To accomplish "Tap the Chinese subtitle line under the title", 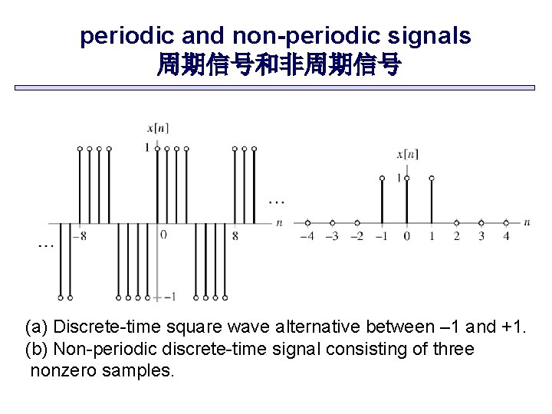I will pyautogui.click(x=278, y=65).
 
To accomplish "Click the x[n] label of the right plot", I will pyautogui.click(x=407, y=154).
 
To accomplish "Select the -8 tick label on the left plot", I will pyautogui.click(x=78, y=236).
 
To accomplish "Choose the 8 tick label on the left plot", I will pyautogui.click(x=235, y=236).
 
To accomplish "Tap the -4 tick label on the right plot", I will pyautogui.click(x=307, y=236).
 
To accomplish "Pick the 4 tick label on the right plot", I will pyautogui.click(x=506, y=236).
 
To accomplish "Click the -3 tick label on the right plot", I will pyautogui.click(x=331, y=236).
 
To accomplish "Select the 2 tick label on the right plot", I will pyautogui.click(x=456, y=236).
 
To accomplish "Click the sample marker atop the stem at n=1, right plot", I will pyautogui.click(x=432, y=178).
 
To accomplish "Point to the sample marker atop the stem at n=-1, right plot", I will pyautogui.click(x=382, y=178).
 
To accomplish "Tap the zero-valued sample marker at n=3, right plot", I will pyautogui.click(x=481, y=222).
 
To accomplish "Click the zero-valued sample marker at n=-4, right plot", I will pyautogui.click(x=307, y=222).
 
